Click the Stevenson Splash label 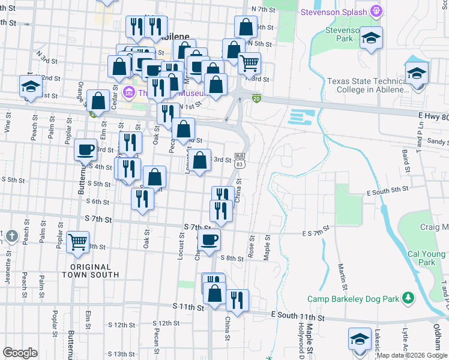[334, 11]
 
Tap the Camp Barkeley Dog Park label [354, 298]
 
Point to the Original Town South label [90, 271]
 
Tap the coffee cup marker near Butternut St [86, 149]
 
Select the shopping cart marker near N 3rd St [249, 62]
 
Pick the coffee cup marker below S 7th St [209, 239]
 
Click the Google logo [20, 353]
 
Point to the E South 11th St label [298, 316]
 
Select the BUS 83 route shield [240, 160]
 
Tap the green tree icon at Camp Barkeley [408, 298]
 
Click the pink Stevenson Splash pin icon [376, 10]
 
